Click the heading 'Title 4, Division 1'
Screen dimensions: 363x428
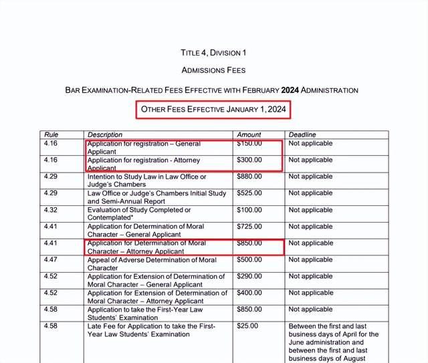point(213,53)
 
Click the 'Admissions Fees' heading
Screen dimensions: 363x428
point(213,70)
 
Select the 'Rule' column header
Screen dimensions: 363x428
point(50,134)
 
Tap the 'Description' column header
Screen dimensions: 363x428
point(106,134)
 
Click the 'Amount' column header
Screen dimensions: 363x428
point(249,134)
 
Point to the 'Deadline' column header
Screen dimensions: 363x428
point(302,134)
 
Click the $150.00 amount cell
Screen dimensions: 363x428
point(249,143)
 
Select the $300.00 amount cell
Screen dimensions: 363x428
point(249,160)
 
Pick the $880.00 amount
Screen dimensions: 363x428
point(249,176)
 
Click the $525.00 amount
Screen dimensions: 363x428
point(249,193)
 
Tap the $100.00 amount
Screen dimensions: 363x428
point(249,210)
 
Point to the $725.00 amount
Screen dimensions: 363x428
point(249,227)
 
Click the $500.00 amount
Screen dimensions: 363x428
point(249,259)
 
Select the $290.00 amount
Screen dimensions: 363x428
point(249,276)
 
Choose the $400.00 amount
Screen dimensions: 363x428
point(249,293)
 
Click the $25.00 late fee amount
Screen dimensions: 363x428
point(247,326)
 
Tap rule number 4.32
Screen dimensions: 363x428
point(50,210)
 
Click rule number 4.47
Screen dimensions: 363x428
point(50,259)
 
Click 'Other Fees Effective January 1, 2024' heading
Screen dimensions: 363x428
point(214,110)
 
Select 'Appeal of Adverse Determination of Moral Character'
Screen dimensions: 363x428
point(152,263)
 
